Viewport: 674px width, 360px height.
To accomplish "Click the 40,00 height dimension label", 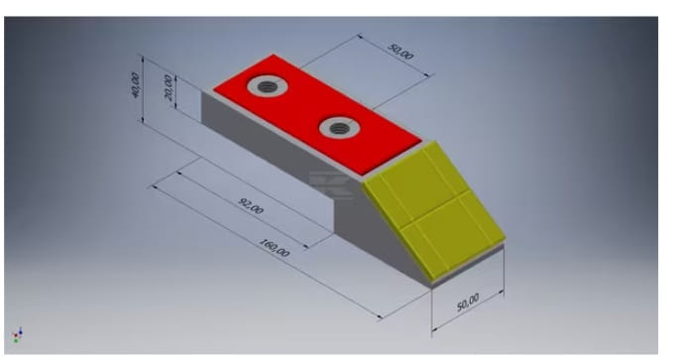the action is pyautogui.click(x=136, y=85).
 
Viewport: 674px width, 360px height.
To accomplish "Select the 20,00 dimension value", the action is pyautogui.click(x=168, y=87).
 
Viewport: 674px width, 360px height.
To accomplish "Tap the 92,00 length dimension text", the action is pyautogui.click(x=251, y=206).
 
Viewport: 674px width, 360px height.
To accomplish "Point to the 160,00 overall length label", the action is pyautogui.click(x=275, y=248).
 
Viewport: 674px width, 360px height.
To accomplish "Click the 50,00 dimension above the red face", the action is pyautogui.click(x=400, y=52).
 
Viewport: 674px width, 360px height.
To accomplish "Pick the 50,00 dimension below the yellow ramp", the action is pyautogui.click(x=467, y=301).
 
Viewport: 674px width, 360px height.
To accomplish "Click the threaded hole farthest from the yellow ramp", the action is pyautogui.click(x=268, y=87).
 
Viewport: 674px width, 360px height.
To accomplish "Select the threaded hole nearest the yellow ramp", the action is pyautogui.click(x=340, y=128).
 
